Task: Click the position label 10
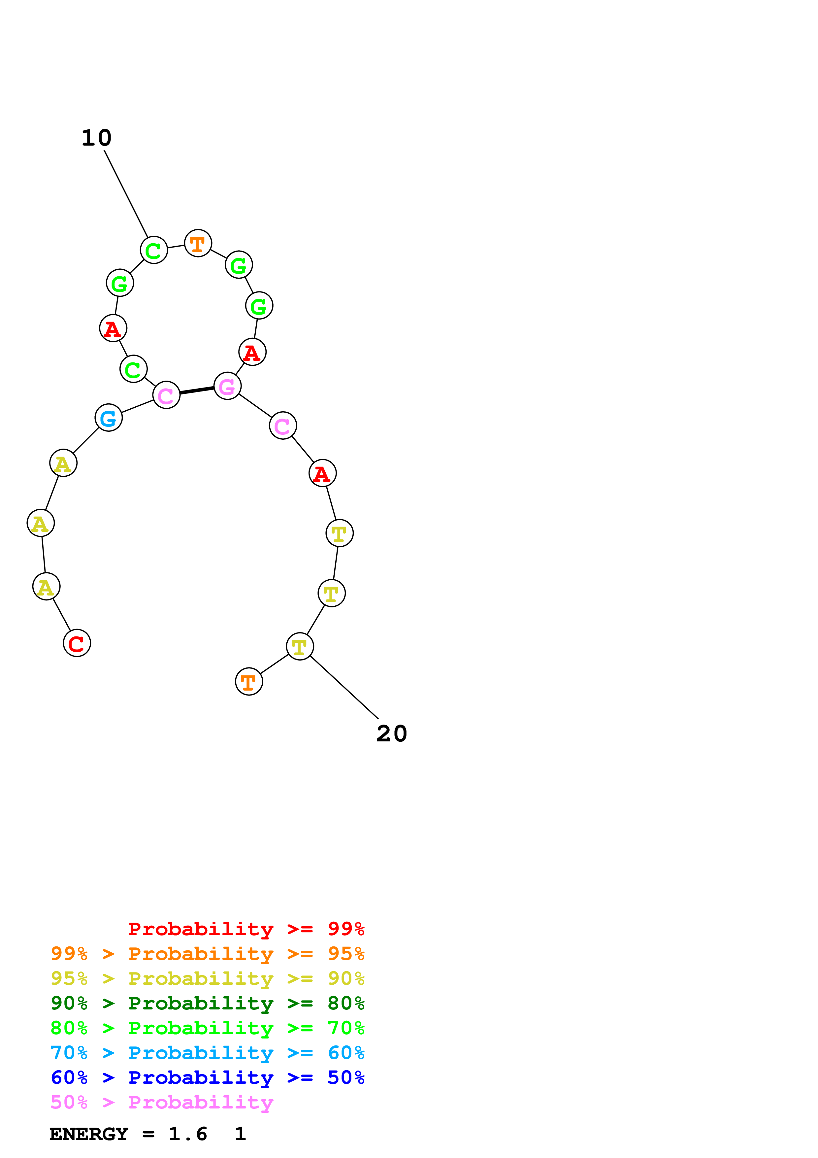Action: click(x=96, y=138)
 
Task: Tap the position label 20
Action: click(x=392, y=734)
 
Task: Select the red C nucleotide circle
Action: click(x=77, y=643)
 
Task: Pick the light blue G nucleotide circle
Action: click(x=108, y=418)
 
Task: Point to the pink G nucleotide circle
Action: click(x=227, y=386)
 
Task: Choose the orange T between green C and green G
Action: click(x=198, y=243)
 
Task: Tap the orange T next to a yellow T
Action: click(x=249, y=681)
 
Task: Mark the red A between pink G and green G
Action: click(x=252, y=352)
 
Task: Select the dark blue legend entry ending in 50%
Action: click(x=207, y=1077)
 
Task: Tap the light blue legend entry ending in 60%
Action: click(x=207, y=1053)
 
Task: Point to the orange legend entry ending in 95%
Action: click(x=207, y=954)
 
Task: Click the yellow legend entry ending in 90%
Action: click(x=207, y=978)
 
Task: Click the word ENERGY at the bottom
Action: click(x=89, y=1134)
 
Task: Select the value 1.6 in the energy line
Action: click(x=187, y=1134)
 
